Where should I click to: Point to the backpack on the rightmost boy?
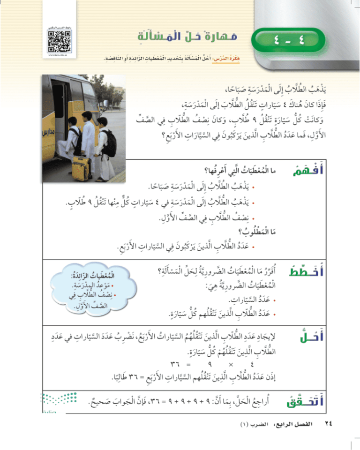coord(109,143)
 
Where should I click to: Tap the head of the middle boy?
coord(88,116)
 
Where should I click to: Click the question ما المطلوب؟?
coord(263,229)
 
